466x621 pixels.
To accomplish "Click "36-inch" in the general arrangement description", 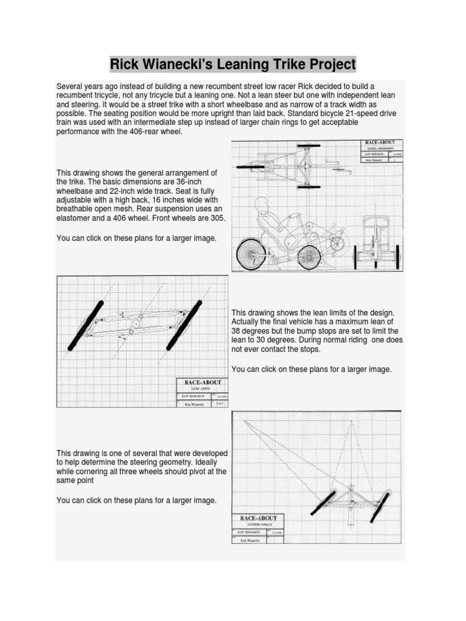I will click(x=194, y=181).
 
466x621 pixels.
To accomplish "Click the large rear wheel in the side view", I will click(x=252, y=253).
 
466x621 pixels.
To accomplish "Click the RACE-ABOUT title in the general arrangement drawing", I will click(x=379, y=143).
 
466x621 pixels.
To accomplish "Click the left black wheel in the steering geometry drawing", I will click(x=322, y=503).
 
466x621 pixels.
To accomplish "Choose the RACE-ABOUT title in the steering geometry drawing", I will click(x=258, y=518).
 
